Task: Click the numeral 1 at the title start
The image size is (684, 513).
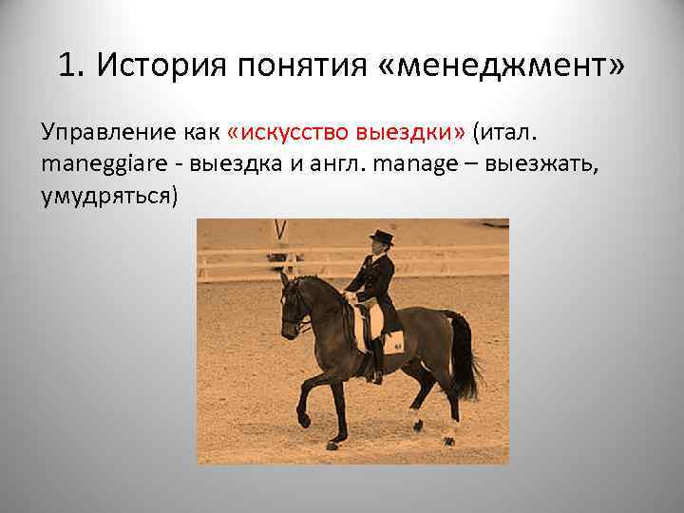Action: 65,66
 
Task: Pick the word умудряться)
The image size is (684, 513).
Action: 109,197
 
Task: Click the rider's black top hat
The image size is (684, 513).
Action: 381,237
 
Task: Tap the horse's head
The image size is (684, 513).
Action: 294,304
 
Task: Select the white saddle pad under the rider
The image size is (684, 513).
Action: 389,337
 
